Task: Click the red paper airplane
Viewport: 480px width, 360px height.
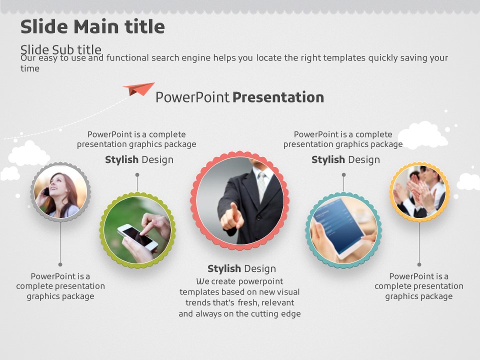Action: point(139,89)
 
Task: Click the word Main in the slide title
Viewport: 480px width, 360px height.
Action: point(96,26)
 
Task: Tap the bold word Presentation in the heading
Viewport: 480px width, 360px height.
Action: point(278,97)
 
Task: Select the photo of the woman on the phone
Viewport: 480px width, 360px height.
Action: point(60,191)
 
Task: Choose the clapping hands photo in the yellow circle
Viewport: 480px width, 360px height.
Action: point(419,191)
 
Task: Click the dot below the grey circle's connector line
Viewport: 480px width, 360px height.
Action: point(60,264)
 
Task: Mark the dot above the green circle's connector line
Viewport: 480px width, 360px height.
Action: point(137,175)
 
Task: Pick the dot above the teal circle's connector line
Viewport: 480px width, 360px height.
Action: point(344,175)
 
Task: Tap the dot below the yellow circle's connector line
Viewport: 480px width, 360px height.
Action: point(419,264)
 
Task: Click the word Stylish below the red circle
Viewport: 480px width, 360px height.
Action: point(224,269)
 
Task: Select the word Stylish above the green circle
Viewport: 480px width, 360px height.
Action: point(122,160)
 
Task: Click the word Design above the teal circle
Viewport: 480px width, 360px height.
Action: point(364,160)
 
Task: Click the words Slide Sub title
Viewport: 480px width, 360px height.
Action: point(61,49)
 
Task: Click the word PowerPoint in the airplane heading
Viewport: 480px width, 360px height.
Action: point(192,97)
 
